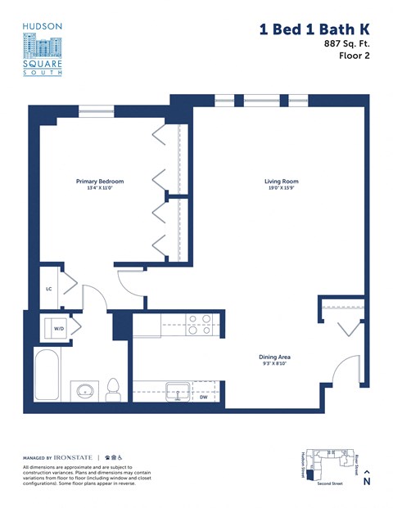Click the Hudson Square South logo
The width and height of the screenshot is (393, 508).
click(x=43, y=49)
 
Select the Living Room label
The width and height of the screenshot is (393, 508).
click(x=281, y=181)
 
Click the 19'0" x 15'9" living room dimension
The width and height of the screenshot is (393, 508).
click(x=281, y=188)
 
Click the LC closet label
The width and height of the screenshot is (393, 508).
click(x=48, y=289)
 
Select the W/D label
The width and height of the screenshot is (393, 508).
click(x=59, y=329)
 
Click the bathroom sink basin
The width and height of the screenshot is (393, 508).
click(x=85, y=391)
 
